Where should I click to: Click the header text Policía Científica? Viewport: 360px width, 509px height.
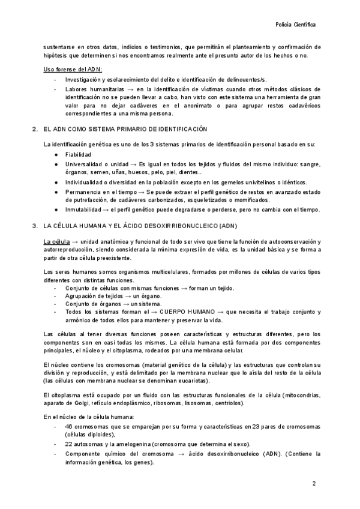click(295, 26)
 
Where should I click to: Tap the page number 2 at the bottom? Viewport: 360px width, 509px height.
click(314, 483)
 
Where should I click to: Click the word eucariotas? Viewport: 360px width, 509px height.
click(191, 381)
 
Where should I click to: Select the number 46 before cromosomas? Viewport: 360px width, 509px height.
click(68, 426)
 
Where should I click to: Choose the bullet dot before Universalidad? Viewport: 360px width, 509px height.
click(55, 164)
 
